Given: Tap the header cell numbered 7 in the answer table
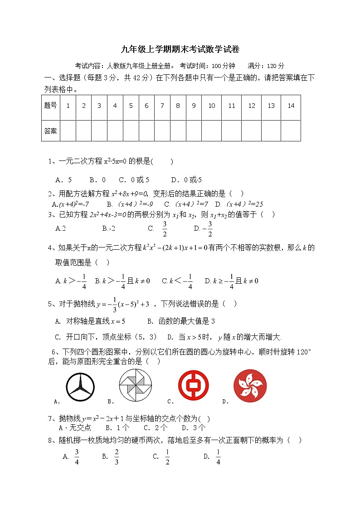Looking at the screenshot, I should coord(162,106).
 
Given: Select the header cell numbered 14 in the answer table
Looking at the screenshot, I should coord(291,106).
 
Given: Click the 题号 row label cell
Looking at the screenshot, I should coord(50,106).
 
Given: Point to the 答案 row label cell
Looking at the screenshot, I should coord(50,131).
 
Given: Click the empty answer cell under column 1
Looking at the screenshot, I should coord(68,131).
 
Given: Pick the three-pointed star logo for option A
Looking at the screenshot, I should coord(81,386).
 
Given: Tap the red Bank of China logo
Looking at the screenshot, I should coord(194,385).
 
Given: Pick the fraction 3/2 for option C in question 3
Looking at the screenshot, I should coord(165,229).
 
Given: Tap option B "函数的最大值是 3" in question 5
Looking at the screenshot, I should coord(181,321).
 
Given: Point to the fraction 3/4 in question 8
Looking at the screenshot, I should coord(77,456).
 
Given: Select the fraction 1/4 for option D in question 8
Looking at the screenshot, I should coord(218,456).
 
